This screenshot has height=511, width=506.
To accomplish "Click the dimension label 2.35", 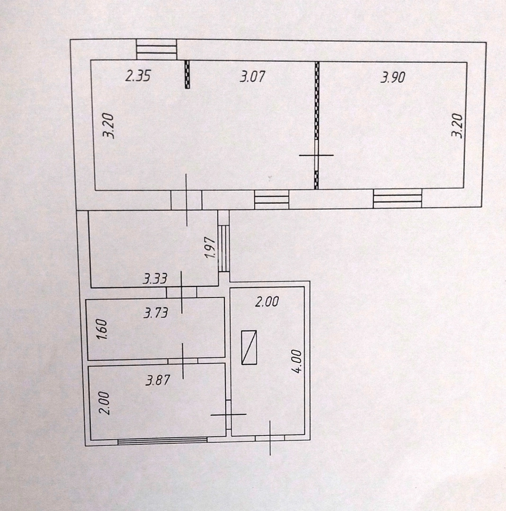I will click(138, 76).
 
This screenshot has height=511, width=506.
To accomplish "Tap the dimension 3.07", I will click(252, 77).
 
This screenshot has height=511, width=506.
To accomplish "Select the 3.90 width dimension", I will click(393, 78).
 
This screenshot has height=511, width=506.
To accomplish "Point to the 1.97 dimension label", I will click(211, 247).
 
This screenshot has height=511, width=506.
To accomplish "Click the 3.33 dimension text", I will click(155, 279).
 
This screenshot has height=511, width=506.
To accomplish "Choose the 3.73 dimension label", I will click(156, 313).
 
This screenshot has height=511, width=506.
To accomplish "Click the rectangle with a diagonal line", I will click(249, 347).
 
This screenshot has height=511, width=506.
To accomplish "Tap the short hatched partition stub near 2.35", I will click(187, 74).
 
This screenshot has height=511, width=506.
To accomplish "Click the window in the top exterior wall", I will click(157, 50).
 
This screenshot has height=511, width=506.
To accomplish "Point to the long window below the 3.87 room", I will click(162, 441).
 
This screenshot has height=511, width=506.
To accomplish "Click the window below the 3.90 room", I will click(397, 198).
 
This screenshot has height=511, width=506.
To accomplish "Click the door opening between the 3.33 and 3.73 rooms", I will click(181, 292).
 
